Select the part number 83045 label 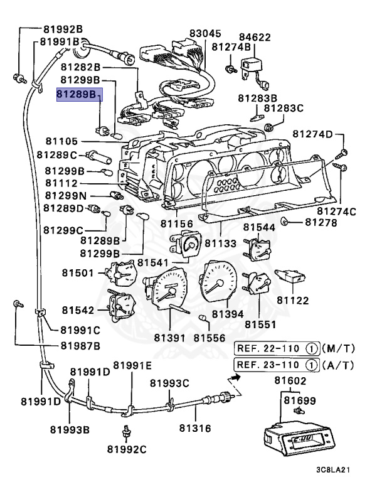(x=206, y=33)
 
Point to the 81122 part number (x=294, y=301)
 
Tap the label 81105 (x=61, y=141)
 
